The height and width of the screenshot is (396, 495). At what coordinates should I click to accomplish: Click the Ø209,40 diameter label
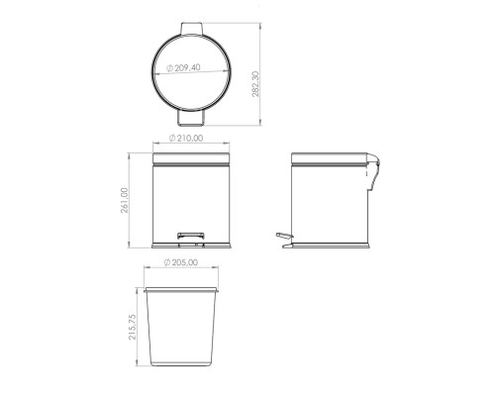[x=183, y=68]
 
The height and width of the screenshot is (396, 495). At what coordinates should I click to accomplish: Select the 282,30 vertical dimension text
[x=255, y=84]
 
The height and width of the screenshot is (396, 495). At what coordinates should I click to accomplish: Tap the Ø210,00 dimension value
[x=186, y=138]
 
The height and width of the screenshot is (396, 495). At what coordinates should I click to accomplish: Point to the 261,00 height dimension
[x=125, y=200]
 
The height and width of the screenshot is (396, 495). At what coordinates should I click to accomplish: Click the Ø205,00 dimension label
[x=181, y=262]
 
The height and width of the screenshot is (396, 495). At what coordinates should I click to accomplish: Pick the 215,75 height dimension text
[x=133, y=327]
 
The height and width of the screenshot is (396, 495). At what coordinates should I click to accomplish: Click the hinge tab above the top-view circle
[x=191, y=28]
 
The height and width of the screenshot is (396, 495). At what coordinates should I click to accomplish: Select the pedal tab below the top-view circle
[x=191, y=118]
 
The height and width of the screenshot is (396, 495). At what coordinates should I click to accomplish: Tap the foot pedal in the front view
[x=191, y=236]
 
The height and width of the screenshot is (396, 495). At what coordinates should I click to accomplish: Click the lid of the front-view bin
[x=191, y=158]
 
